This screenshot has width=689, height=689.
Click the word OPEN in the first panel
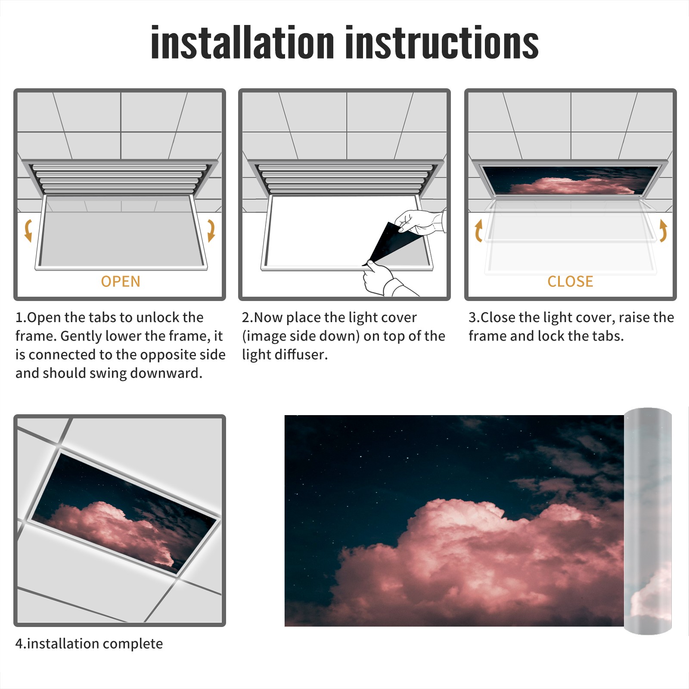click(x=121, y=281)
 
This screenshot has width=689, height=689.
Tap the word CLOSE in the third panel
click(x=570, y=281)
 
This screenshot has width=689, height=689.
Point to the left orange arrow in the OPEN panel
click(x=28, y=230)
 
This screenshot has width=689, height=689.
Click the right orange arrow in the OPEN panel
click(x=211, y=230)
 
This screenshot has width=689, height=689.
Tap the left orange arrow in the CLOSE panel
click(x=478, y=230)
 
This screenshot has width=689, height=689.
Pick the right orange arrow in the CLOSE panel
click(x=663, y=230)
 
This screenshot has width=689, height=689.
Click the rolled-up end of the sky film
click(x=648, y=521)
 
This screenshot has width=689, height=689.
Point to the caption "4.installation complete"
click(x=89, y=643)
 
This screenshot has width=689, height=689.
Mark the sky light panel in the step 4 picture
click(x=125, y=512)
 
